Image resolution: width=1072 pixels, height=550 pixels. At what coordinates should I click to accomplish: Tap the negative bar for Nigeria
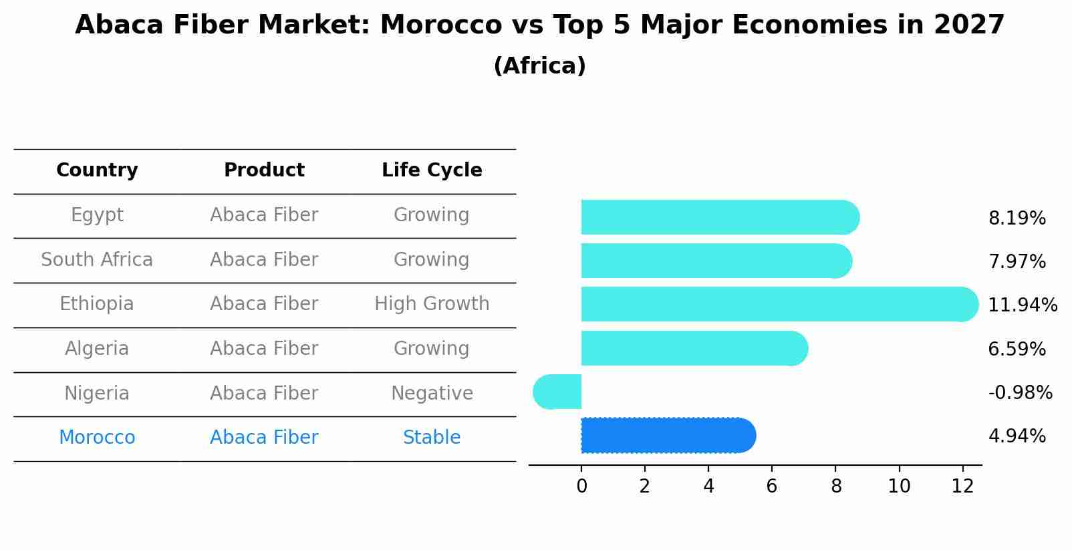558,392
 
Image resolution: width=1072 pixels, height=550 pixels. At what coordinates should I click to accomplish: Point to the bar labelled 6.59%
694,348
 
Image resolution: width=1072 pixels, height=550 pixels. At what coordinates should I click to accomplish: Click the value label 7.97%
1017,261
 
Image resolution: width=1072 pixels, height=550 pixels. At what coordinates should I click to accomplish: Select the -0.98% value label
1020,392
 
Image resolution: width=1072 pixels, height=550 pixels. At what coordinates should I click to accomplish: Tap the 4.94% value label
1017,436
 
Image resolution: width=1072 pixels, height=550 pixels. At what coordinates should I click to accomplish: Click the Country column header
97,170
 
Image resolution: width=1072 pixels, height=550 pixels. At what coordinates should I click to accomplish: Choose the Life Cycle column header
432,170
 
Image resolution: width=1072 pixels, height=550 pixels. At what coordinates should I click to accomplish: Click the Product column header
264,170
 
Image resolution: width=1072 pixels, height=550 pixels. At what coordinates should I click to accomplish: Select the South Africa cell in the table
97,259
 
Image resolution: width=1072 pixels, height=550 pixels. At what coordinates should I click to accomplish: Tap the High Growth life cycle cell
432,304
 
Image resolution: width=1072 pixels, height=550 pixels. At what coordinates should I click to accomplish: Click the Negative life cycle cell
432,393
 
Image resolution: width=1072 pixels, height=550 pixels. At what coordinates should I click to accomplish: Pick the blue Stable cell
432,438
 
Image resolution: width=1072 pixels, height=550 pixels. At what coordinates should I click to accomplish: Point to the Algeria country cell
97,348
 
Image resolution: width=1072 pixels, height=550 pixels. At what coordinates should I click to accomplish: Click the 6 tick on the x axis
772,486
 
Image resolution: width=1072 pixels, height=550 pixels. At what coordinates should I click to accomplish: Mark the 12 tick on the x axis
962,486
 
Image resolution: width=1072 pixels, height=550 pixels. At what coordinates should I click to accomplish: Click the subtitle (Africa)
539,65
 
